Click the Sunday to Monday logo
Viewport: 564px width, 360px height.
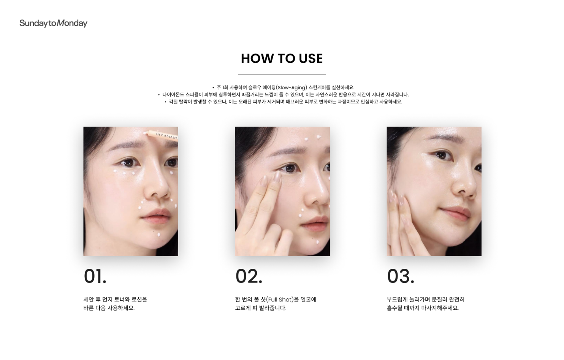pyautogui.click(x=53, y=23)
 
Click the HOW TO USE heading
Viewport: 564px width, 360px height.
pyautogui.click(x=282, y=59)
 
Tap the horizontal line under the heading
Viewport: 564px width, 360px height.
pyautogui.click(x=282, y=75)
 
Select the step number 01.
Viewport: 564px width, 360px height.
pyautogui.click(x=95, y=276)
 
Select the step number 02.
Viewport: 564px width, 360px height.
pyautogui.click(x=249, y=276)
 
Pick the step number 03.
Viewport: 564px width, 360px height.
pyautogui.click(x=401, y=276)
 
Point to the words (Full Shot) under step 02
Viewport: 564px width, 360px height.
pyautogui.click(x=280, y=300)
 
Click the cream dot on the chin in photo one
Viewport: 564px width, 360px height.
pyautogui.click(x=158, y=235)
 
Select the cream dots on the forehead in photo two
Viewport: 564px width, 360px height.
pyautogui.click(x=313, y=138)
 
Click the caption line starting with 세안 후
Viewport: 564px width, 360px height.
pyautogui.click(x=115, y=300)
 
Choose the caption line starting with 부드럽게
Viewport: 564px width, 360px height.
pyautogui.click(x=426, y=300)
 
